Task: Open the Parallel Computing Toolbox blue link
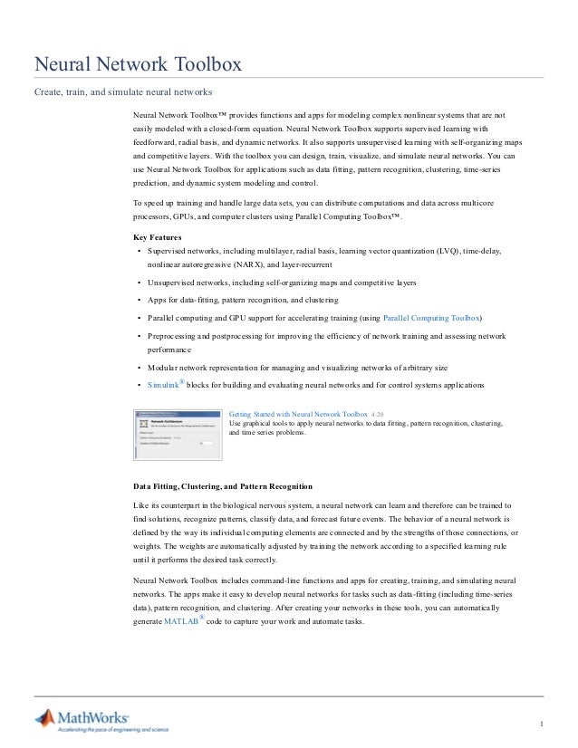coord(432,319)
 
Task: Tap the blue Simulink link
coord(162,385)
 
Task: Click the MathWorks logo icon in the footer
coord(45,720)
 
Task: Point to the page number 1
coord(540,723)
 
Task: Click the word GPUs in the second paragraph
coord(186,217)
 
